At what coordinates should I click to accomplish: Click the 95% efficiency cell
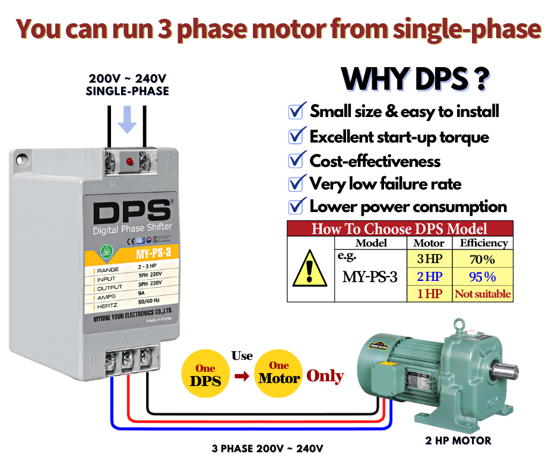coord(482,277)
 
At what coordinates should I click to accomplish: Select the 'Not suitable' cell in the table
coord(483,294)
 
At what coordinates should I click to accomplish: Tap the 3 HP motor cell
coord(429,260)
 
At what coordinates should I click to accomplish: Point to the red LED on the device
coord(128,161)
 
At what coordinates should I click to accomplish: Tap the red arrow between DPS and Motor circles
coord(242,377)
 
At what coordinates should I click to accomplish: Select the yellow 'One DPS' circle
coord(205,374)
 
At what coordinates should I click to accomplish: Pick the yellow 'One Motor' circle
coord(279,374)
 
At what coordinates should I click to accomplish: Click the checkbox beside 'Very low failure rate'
coord(296,184)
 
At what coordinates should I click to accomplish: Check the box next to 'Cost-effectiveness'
coord(296,160)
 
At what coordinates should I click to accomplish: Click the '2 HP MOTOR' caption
coord(458,441)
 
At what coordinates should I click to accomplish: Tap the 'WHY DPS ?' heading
coord(416,79)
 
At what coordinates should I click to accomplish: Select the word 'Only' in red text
coord(325,376)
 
